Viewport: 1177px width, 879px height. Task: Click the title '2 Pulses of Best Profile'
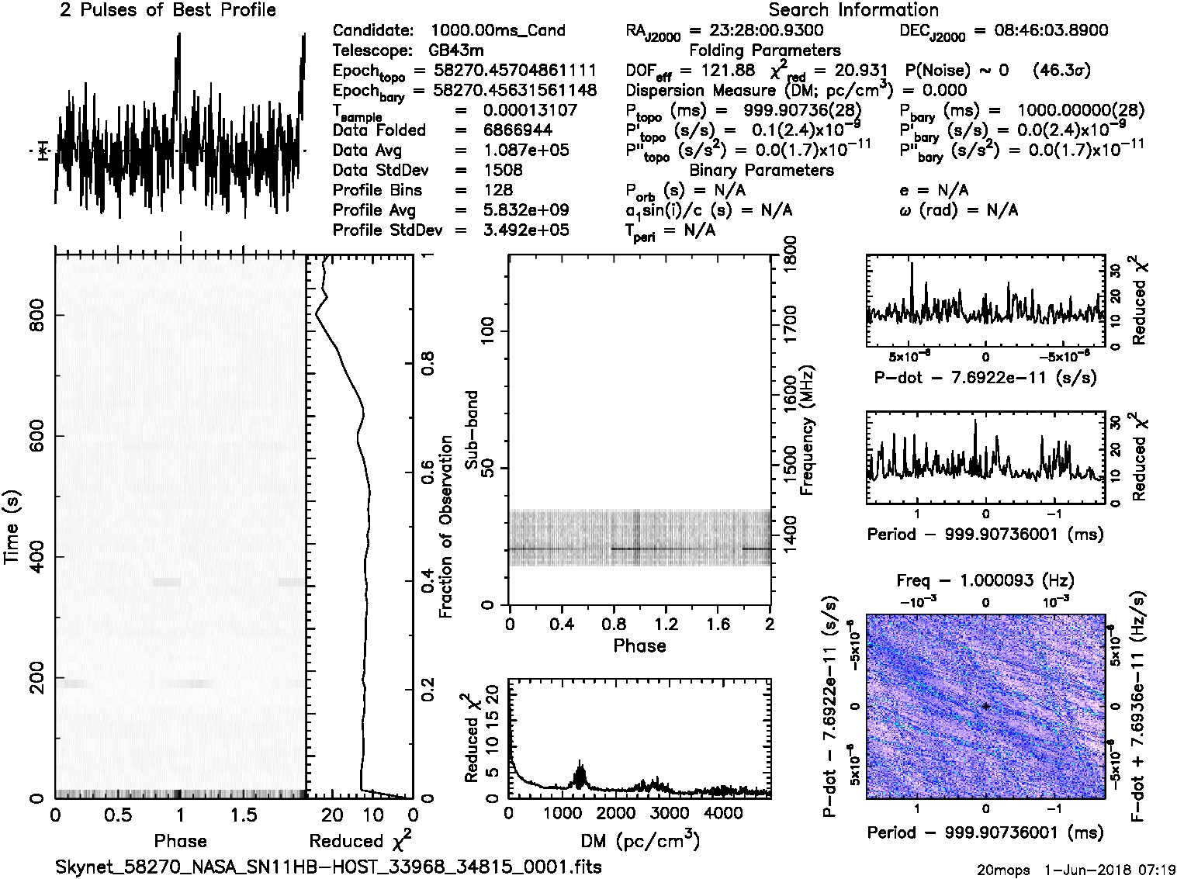[167, 10]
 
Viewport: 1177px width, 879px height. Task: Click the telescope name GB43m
[459, 50]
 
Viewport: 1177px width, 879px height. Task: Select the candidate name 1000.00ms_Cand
[497, 30]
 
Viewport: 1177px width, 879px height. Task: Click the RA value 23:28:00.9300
[757, 30]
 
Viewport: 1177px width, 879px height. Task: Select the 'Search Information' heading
[853, 10]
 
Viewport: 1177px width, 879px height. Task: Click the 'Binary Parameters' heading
[761, 170]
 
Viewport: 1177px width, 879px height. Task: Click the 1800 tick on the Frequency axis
[791, 256]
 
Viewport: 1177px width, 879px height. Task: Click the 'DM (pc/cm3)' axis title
[639, 841]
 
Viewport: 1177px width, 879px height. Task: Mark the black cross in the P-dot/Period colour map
[985, 706]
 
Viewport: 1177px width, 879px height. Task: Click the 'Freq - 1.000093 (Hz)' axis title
[985, 580]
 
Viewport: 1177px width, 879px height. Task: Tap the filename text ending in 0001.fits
[328, 867]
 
